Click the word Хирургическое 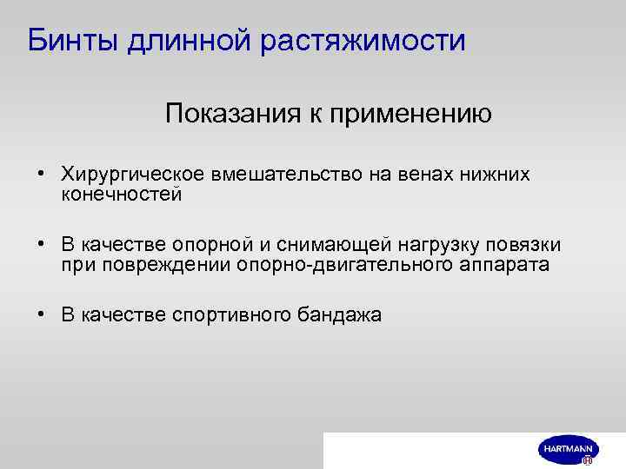(128, 175)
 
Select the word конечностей (121, 195)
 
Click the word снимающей (342, 245)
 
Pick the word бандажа (339, 315)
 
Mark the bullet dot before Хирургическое (41, 175)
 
